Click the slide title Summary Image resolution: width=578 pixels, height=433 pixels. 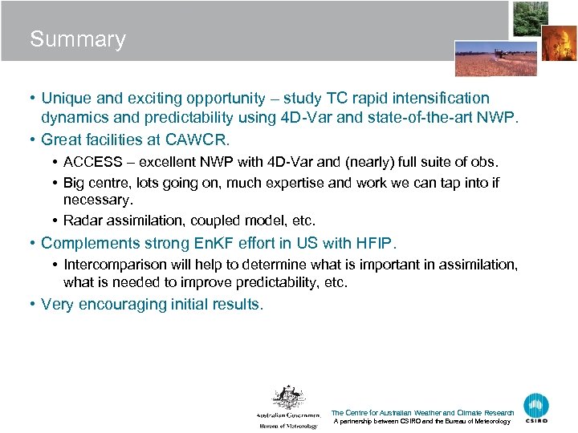pos(78,39)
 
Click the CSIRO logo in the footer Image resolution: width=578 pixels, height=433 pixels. pos(536,408)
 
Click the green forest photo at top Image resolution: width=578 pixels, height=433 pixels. pos(531,18)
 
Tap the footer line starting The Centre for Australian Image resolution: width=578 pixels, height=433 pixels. pos(422,413)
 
